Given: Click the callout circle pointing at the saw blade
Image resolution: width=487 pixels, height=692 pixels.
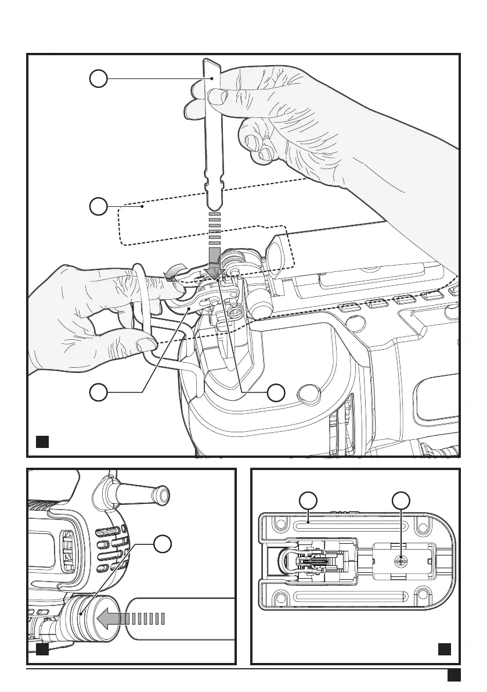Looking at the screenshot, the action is (x=99, y=78).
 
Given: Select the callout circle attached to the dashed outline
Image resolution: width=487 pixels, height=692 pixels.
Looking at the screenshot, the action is (x=99, y=206).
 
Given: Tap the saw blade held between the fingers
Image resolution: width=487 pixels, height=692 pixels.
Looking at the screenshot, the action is (x=212, y=139).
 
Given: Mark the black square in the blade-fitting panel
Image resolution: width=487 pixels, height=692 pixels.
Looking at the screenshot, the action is (x=42, y=442).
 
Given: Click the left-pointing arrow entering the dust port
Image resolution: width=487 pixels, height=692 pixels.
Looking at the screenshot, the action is (x=110, y=619).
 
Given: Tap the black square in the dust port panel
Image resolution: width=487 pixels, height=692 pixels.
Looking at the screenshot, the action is (x=42, y=648).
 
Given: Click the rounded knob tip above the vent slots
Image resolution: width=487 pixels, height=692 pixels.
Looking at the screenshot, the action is (x=159, y=493).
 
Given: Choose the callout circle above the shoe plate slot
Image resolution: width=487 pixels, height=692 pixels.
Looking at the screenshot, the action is (x=308, y=501).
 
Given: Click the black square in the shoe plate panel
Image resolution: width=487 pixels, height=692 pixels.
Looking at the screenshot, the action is (x=445, y=648).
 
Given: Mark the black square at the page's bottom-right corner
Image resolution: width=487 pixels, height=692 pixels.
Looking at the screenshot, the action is (x=454, y=675).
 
